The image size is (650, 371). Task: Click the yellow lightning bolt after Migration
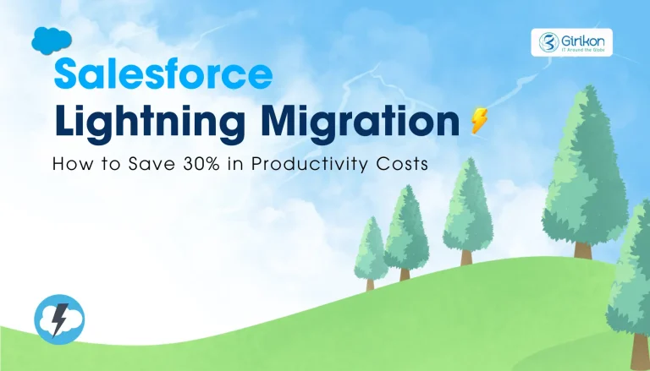(x=479, y=123)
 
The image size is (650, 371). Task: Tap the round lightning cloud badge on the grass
(x=58, y=319)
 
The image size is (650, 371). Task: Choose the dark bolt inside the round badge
(x=59, y=319)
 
